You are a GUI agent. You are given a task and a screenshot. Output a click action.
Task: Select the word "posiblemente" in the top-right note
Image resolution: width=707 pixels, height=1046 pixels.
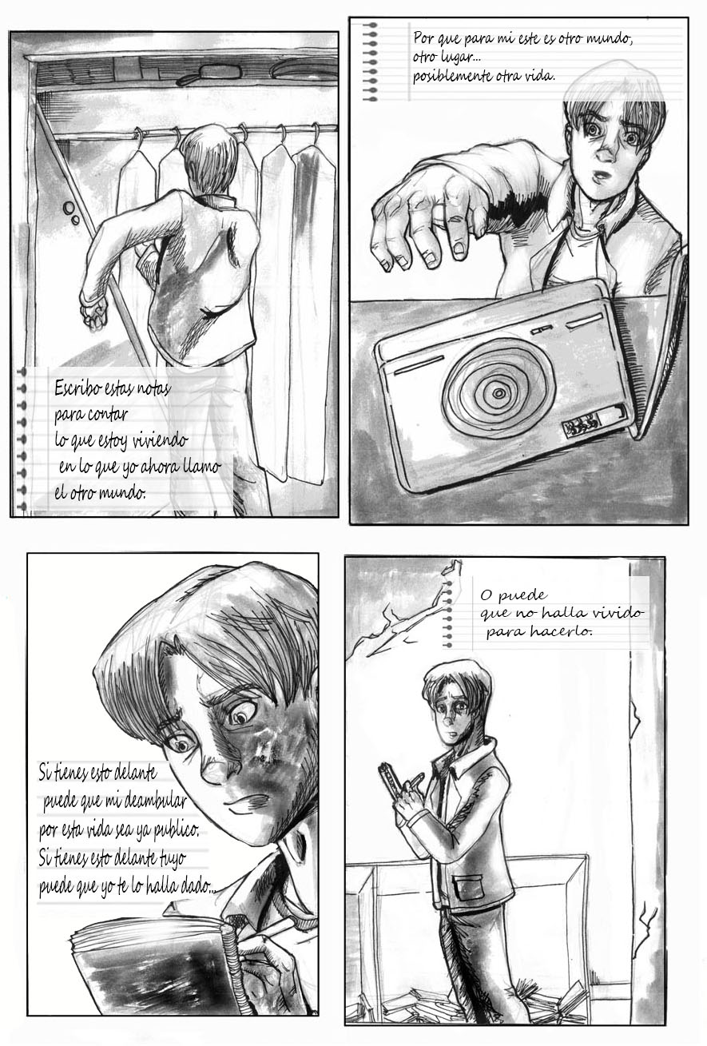(x=449, y=77)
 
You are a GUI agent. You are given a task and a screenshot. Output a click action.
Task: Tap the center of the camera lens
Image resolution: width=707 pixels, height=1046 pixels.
(x=498, y=392)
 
